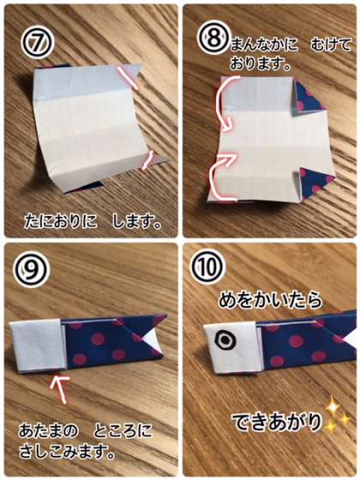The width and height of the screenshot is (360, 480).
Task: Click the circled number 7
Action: tap(38, 43)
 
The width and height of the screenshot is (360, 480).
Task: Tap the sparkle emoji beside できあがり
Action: tap(338, 418)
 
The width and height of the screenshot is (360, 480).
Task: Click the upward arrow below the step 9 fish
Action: tap(60, 390)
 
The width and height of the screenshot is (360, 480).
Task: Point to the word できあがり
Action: tap(277, 421)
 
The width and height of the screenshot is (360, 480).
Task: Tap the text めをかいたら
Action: tap(270, 300)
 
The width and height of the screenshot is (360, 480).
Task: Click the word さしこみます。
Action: tap(67, 452)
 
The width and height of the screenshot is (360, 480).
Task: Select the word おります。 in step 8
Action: tap(260, 65)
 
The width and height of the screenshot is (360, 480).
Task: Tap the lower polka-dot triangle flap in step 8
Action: tap(315, 183)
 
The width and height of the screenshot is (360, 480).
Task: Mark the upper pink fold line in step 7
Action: tap(127, 78)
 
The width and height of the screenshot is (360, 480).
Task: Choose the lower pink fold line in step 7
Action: tap(147, 161)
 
